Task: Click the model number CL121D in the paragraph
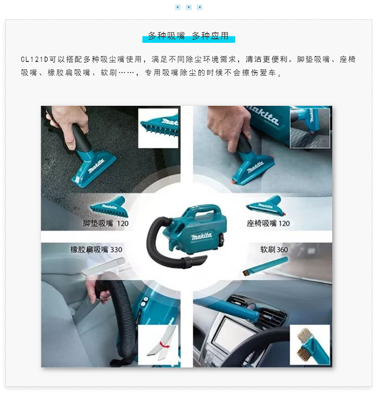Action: coord(34,60)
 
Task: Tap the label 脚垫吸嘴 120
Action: coord(106,223)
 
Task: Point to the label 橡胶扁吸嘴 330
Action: coord(96,249)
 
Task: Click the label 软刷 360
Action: coord(274,249)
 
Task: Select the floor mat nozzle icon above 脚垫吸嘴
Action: coord(108,206)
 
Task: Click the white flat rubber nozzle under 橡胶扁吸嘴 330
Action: coord(103,266)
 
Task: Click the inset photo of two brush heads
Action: coord(310,344)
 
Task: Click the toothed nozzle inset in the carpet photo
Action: coord(158,127)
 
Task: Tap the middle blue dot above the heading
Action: coord(189,7)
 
